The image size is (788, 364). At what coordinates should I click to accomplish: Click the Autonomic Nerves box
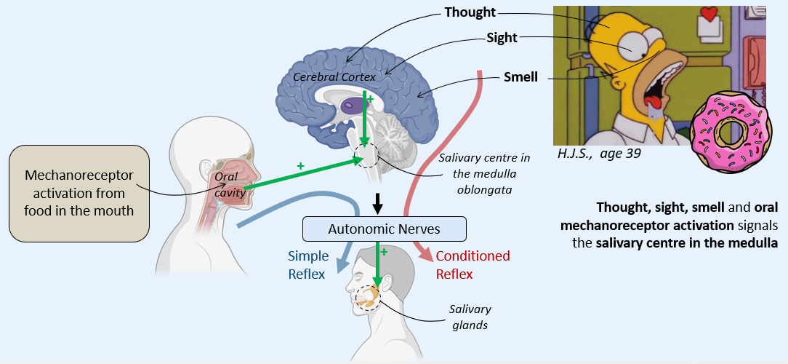384,229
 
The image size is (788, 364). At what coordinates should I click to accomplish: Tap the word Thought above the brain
470,12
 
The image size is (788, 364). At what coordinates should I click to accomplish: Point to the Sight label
502,39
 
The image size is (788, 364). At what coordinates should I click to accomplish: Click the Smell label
520,76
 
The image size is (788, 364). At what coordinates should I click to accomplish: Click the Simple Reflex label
308,265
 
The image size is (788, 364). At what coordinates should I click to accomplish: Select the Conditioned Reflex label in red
473,265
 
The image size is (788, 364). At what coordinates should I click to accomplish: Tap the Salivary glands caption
470,317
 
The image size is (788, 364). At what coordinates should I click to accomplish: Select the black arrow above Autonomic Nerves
377,204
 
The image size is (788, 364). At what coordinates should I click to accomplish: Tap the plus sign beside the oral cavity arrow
300,166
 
